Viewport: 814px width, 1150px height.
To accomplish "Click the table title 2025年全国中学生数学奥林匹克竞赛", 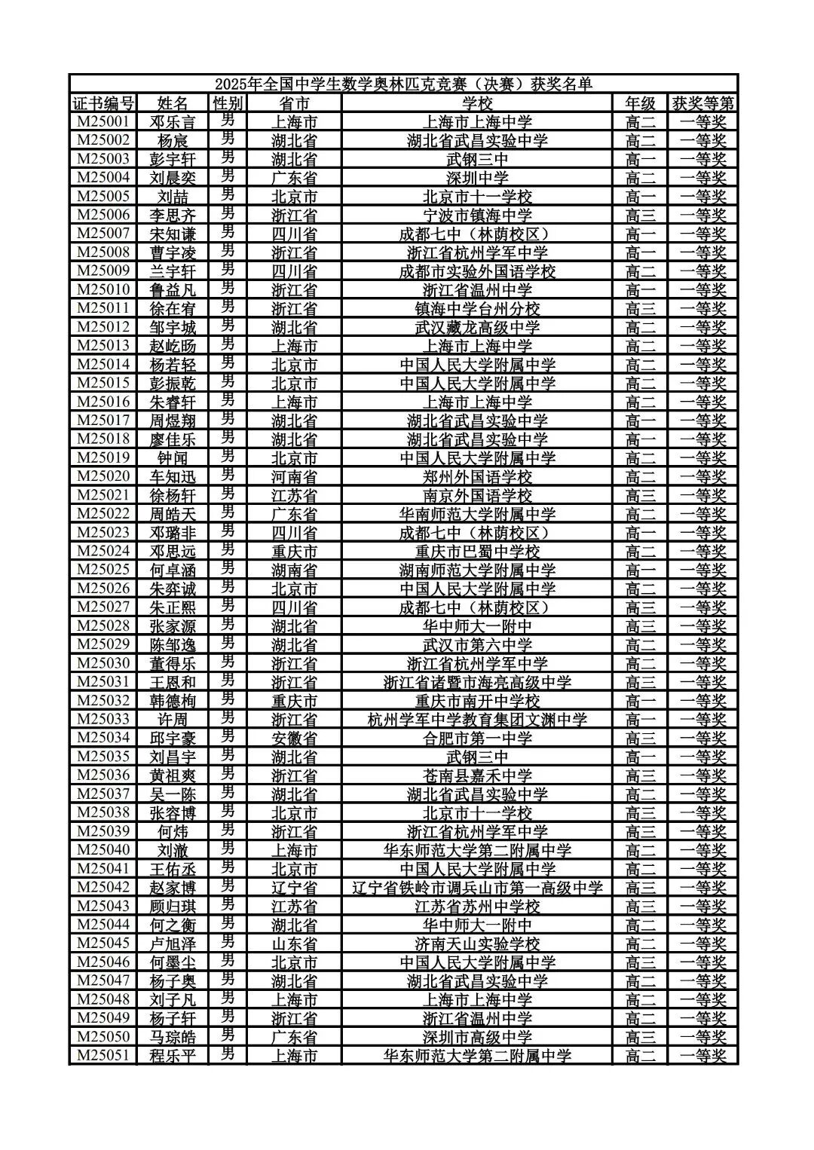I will click(x=403, y=84).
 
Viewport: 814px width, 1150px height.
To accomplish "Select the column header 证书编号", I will click(x=103, y=102).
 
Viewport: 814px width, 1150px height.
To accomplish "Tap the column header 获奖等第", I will click(x=702, y=102).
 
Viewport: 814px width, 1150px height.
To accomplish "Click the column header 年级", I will click(x=640, y=102).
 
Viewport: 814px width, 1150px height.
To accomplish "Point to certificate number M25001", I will click(x=103, y=121).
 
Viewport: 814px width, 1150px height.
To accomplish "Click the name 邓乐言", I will click(x=173, y=121).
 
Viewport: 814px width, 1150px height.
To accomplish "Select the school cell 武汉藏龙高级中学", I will click(x=477, y=327).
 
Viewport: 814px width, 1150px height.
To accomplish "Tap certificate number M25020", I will click(x=103, y=476).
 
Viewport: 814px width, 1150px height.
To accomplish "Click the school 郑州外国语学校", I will click(x=477, y=476).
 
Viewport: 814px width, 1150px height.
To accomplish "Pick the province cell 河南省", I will click(x=294, y=476).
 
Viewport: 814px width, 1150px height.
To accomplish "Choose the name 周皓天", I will click(x=173, y=514).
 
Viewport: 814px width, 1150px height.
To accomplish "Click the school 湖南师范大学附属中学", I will click(x=477, y=570).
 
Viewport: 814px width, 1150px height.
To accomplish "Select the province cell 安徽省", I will click(x=294, y=738).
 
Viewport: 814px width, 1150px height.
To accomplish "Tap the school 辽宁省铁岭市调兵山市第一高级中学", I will click(x=477, y=888).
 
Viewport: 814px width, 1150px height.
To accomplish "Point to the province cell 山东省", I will click(x=294, y=944).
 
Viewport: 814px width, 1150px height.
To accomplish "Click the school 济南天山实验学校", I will click(x=477, y=944).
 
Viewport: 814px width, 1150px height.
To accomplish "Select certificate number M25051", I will click(x=103, y=1055).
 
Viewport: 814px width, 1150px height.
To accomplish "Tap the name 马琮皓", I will click(x=173, y=1037).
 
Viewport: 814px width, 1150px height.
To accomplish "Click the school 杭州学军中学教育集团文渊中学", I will click(x=477, y=719).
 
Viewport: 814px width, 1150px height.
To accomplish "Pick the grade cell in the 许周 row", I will click(x=640, y=719).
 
